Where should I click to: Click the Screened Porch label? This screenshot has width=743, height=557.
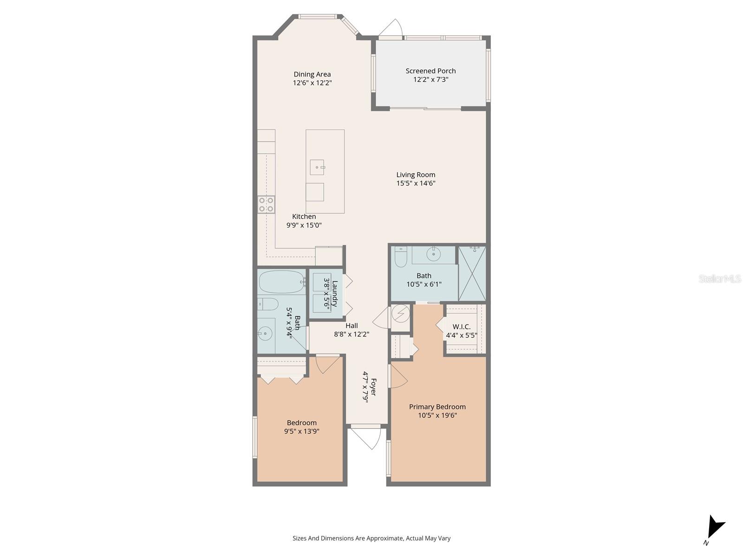[x=430, y=71]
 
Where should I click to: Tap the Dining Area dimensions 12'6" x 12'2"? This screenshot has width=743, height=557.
[x=312, y=83]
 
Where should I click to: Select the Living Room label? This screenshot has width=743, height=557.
[x=416, y=175]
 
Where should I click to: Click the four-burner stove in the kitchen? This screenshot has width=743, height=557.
[x=267, y=205]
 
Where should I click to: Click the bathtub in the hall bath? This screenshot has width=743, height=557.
[x=281, y=282]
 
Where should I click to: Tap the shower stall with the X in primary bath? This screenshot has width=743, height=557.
[x=472, y=273]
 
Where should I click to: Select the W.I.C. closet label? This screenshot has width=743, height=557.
[x=462, y=327]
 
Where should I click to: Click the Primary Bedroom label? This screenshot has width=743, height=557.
[x=437, y=407]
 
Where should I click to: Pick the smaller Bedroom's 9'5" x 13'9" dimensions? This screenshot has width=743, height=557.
[x=302, y=431]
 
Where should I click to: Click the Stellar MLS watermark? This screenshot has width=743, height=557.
[x=720, y=279]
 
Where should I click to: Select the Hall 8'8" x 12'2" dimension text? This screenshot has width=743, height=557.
[x=352, y=334]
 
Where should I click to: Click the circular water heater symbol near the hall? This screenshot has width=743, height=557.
[x=400, y=314]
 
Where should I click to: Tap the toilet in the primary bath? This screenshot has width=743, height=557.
[x=400, y=257]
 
